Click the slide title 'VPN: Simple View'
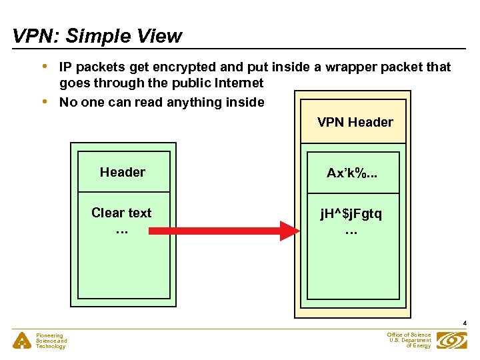97,36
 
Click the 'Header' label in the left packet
123,172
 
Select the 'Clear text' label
121,213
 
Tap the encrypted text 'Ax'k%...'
351,173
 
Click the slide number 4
465,323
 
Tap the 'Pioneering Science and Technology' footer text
51,341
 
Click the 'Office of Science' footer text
409,335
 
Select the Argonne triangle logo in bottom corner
23,341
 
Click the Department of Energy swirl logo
452,340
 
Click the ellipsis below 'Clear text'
121,231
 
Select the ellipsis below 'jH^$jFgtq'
351,231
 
